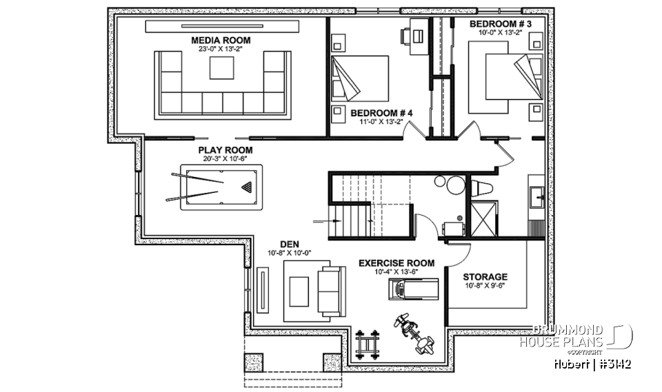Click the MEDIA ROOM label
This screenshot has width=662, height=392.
pyautogui.click(x=221, y=41)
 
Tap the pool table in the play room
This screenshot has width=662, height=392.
pyautogui.click(x=217, y=187)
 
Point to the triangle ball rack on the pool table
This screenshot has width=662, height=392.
pyautogui.click(x=247, y=187)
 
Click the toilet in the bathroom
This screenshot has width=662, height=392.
pyautogui.click(x=481, y=187)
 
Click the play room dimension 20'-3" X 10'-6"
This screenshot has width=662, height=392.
pyautogui.click(x=225, y=158)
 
